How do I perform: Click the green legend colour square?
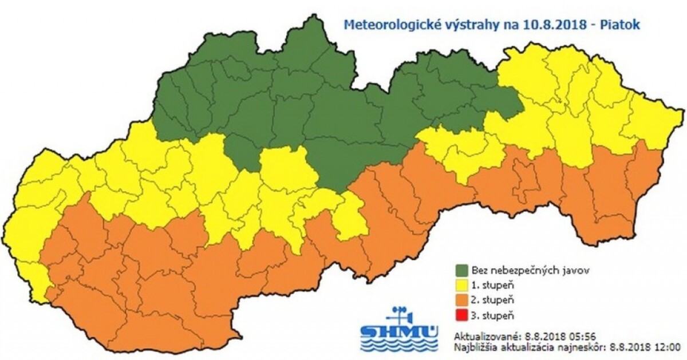(461, 268)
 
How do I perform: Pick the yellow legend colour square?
(461, 284)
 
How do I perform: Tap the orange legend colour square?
(461, 299)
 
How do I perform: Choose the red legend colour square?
(461, 315)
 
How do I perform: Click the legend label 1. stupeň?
(487, 284)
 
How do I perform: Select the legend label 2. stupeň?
(487, 299)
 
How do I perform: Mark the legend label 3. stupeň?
(487, 315)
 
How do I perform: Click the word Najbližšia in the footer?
(473, 346)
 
